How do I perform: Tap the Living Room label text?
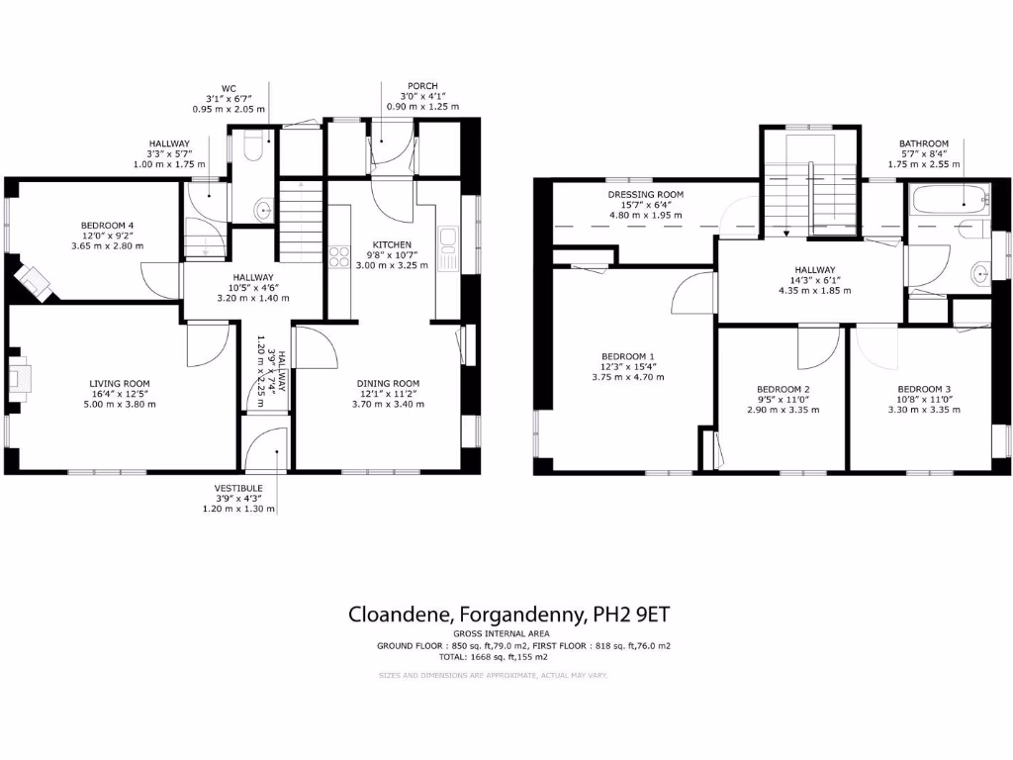119,384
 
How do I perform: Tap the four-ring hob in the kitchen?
339,256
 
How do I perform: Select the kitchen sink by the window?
448,242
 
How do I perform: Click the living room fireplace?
21,378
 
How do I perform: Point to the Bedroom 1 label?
629,356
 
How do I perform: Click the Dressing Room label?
645,195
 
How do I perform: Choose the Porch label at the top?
422,86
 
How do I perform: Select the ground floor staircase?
301,221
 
